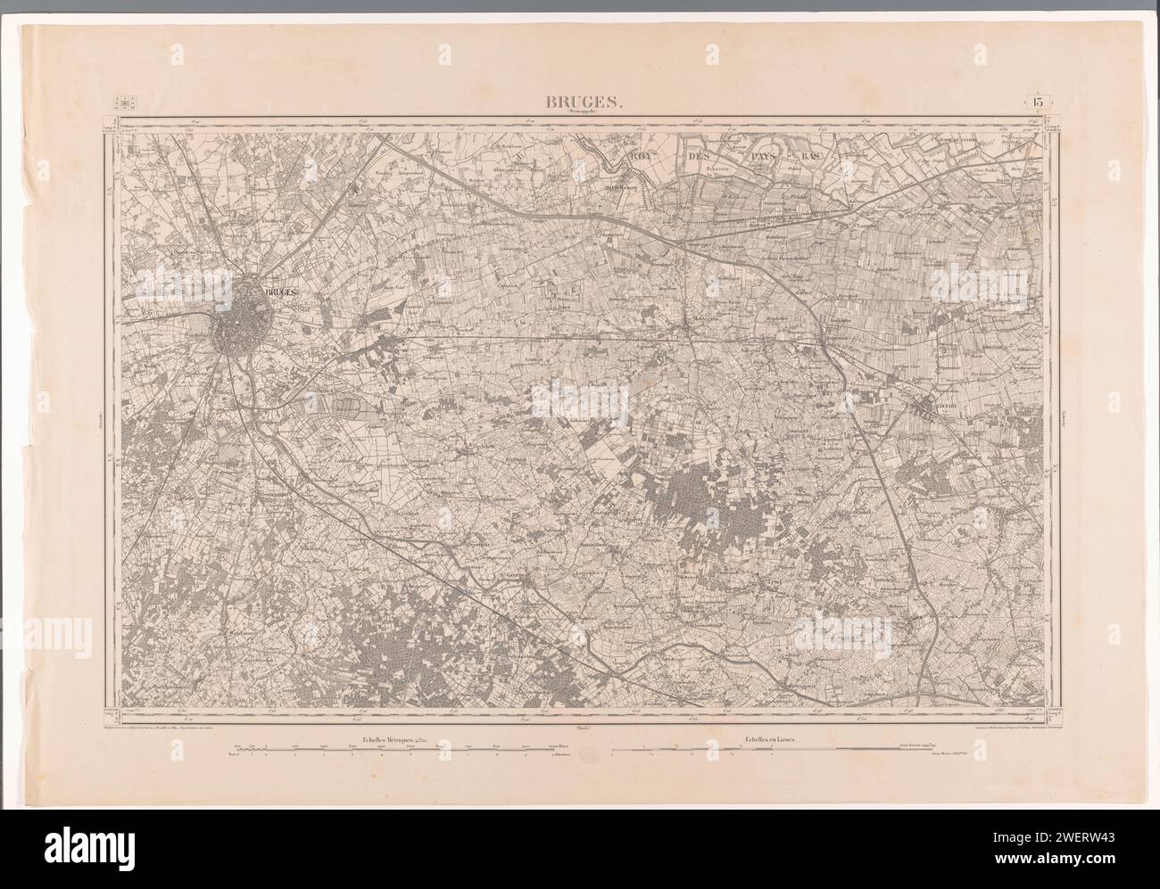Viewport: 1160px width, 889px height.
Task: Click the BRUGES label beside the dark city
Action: [x=279, y=292]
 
